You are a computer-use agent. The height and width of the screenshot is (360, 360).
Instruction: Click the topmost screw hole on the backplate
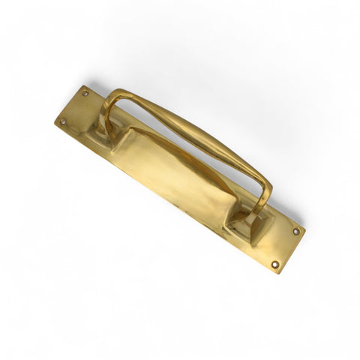tap(85, 93)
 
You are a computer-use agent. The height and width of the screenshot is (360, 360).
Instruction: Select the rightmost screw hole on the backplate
tap(297, 231)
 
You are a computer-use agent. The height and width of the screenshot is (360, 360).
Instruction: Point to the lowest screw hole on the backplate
tap(274, 264)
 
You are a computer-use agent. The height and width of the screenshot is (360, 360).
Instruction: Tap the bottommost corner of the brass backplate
tap(279, 272)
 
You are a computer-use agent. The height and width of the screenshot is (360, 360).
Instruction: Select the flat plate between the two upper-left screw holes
tap(75, 108)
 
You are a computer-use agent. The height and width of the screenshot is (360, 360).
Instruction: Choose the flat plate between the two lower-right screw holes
tap(286, 247)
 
